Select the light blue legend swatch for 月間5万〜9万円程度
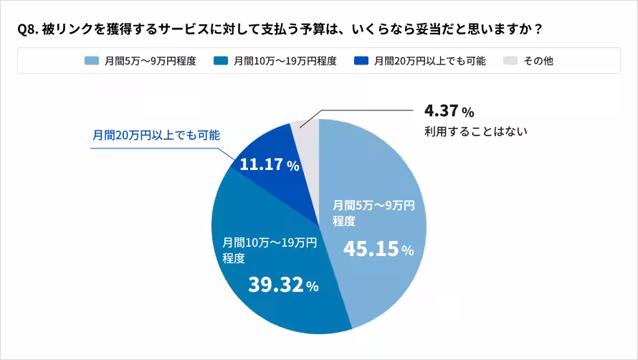(91, 61)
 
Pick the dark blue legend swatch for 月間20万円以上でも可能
(361, 61)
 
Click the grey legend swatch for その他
(510, 61)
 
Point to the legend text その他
(538, 61)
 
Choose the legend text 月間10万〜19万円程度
(285, 61)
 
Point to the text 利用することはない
(476, 131)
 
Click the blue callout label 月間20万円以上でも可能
(156, 134)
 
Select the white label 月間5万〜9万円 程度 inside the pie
(373, 213)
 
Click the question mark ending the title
(538, 29)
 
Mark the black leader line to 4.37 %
(366, 110)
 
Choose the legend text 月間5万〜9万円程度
(150, 61)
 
